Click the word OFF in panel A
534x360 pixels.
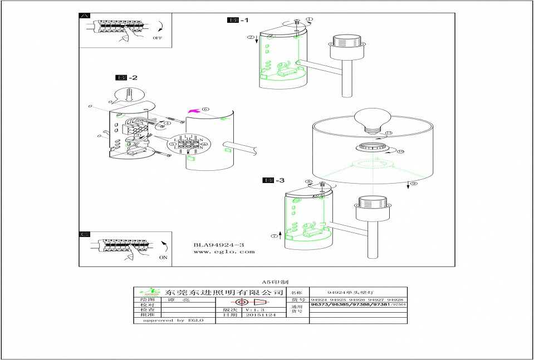[156, 38]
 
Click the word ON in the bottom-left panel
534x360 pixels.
[163, 258]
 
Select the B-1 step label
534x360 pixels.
[238, 21]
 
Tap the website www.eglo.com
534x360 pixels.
[224, 252]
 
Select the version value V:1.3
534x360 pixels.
[254, 309]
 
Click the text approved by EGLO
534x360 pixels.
[173, 320]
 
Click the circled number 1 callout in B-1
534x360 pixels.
[310, 19]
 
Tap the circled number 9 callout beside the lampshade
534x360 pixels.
[413, 184]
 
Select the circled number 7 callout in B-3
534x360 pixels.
[274, 236]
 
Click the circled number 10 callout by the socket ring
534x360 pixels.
[400, 151]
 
